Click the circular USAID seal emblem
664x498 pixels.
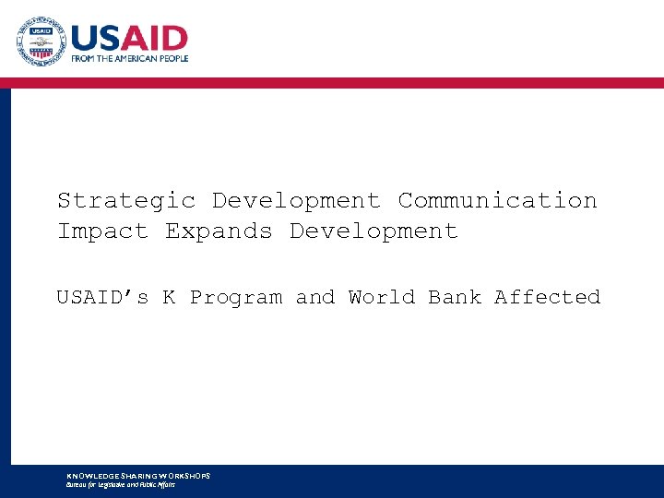click(41, 41)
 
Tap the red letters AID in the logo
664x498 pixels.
click(156, 40)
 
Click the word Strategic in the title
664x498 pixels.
click(126, 201)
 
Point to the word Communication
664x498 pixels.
click(497, 201)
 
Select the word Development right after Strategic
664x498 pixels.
click(296, 201)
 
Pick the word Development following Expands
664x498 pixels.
click(373, 231)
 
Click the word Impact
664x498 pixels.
click(102, 231)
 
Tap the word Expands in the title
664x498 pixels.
click(219, 231)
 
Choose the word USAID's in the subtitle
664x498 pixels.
click(102, 297)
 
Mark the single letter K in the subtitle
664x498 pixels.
click(170, 297)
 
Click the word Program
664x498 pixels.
click(236, 297)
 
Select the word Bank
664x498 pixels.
click(455, 297)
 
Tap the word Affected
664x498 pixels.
click(547, 297)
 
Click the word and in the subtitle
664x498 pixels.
click(315, 297)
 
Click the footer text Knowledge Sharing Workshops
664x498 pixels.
click(138, 476)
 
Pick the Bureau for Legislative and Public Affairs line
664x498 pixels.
click(121, 484)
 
